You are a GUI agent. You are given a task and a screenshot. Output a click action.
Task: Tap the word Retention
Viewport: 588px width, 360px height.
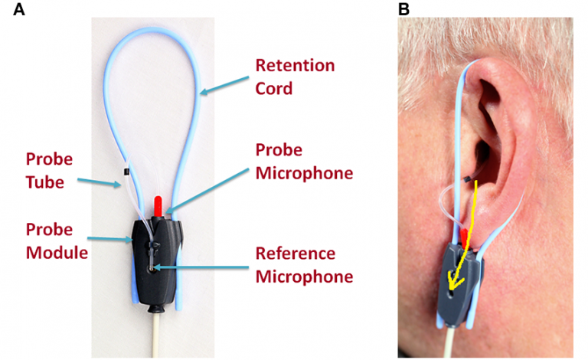point(295,65)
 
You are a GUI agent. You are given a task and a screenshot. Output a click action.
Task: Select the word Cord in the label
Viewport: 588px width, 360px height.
point(273,88)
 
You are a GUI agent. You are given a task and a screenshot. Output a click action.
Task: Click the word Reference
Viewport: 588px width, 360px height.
point(296,254)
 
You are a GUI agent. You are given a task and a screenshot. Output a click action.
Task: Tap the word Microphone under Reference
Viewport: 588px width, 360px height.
point(304,276)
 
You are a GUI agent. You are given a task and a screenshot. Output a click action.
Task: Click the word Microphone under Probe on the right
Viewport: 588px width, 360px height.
point(304,173)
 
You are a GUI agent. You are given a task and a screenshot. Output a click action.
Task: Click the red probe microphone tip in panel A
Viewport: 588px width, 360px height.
point(158,205)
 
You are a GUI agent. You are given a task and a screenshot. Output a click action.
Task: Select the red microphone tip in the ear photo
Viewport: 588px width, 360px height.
point(464,236)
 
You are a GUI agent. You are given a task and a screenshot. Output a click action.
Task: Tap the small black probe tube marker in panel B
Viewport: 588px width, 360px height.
point(466,179)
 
